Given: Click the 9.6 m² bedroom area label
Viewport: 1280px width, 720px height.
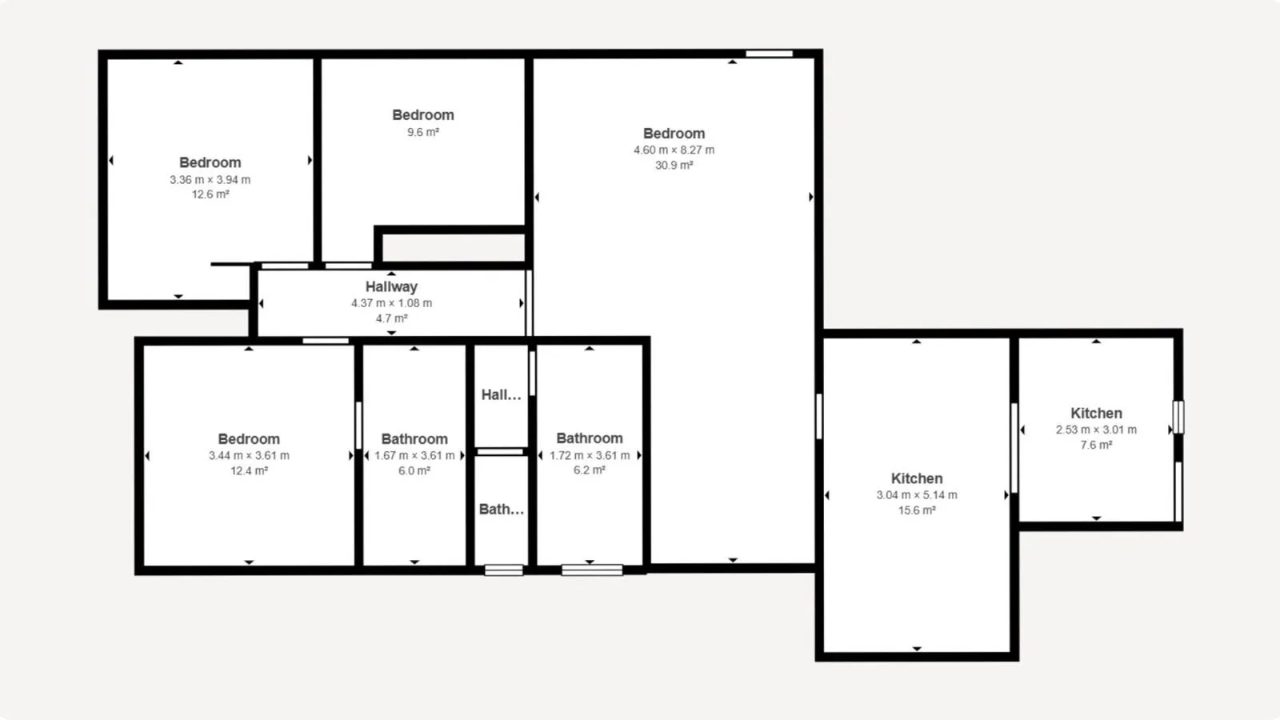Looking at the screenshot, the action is click(423, 132).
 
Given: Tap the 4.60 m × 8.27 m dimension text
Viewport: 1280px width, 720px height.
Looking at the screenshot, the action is click(674, 150).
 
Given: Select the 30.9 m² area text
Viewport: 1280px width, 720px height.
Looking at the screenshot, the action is click(674, 165).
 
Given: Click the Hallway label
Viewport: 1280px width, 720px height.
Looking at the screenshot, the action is click(391, 286).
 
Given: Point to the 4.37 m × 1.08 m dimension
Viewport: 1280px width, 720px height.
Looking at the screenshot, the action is click(391, 303).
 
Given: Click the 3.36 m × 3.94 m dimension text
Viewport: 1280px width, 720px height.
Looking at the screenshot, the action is click(210, 179).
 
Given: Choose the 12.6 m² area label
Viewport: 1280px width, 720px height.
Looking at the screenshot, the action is click(210, 194).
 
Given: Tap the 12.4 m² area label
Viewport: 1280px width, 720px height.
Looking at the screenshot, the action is click(249, 471).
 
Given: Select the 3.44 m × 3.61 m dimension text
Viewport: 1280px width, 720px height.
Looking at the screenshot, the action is click(249, 455).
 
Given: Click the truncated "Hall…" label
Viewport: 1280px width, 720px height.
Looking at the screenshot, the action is click(501, 395).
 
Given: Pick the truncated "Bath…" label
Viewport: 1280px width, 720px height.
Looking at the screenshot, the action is click(501, 509).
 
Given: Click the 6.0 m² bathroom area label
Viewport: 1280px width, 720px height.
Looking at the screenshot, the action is click(414, 471).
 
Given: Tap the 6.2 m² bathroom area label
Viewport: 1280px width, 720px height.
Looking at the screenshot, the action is click(589, 470).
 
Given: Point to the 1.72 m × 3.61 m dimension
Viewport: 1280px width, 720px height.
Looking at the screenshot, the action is click(590, 455).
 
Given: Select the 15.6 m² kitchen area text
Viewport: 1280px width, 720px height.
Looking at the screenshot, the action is click(917, 510).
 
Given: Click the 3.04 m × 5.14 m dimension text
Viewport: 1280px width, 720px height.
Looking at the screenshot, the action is click(917, 495).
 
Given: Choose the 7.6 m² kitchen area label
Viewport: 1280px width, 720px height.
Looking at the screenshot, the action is click(1096, 445).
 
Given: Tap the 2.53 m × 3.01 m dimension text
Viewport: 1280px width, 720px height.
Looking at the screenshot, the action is click(1096, 430).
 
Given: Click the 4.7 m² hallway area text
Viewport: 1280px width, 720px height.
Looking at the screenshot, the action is click(391, 318).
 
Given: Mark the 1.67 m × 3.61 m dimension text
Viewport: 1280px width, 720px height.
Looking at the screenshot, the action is click(414, 455).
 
